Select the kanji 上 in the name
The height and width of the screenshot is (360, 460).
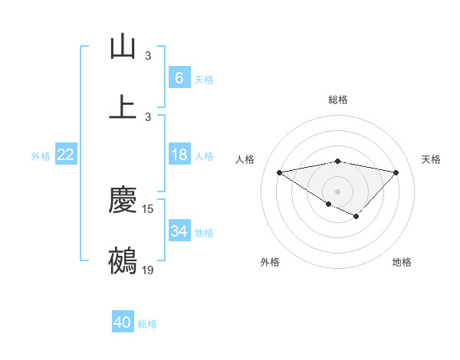coord(123,107)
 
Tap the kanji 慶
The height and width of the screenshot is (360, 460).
coord(123,201)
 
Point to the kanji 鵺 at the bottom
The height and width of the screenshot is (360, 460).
coord(123,260)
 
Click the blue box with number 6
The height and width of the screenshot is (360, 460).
coord(179,78)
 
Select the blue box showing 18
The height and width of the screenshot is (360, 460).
coord(179,155)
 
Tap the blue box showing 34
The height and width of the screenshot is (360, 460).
coord(179,231)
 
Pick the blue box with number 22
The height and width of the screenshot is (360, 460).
coord(65,155)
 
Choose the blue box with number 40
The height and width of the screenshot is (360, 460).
coord(123,322)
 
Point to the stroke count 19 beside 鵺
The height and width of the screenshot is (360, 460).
coord(148,270)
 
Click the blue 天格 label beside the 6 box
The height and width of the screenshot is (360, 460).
coord(204,80)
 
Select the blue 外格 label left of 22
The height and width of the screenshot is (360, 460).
coord(41,155)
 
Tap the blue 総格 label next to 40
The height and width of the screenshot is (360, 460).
coord(147,324)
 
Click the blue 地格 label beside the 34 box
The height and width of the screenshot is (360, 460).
coord(204,233)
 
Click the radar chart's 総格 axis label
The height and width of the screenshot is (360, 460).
coord(338,100)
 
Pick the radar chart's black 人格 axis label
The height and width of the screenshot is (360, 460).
coord(245,159)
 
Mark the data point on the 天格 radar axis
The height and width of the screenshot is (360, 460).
coord(396,172)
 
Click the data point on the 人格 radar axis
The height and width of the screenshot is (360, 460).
coord(280,172)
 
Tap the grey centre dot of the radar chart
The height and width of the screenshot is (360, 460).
coord(338,191)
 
